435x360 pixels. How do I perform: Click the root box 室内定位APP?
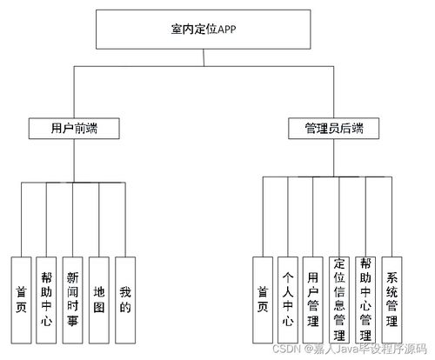204,30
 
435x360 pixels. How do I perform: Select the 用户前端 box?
74,129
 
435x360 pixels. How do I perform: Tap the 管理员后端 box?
333,129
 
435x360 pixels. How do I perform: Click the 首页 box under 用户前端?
21,300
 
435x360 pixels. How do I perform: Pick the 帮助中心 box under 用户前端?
46,300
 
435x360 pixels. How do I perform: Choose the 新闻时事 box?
72,300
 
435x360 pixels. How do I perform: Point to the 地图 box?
99,300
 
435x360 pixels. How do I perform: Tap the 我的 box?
125,300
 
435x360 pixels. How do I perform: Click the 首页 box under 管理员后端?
263,300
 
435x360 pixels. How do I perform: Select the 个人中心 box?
288,300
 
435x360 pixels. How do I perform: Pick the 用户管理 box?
313,300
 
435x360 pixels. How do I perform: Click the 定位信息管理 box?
339,300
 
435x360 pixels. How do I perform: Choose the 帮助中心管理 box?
365,300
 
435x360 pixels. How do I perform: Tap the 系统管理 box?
391,300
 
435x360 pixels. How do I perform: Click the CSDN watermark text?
350,349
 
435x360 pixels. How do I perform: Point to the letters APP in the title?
227,30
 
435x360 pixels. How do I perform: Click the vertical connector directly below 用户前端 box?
74,161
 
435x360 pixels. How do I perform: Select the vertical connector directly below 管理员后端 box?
333,157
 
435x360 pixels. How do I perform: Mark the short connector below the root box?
204,57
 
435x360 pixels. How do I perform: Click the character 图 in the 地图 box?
99,308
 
